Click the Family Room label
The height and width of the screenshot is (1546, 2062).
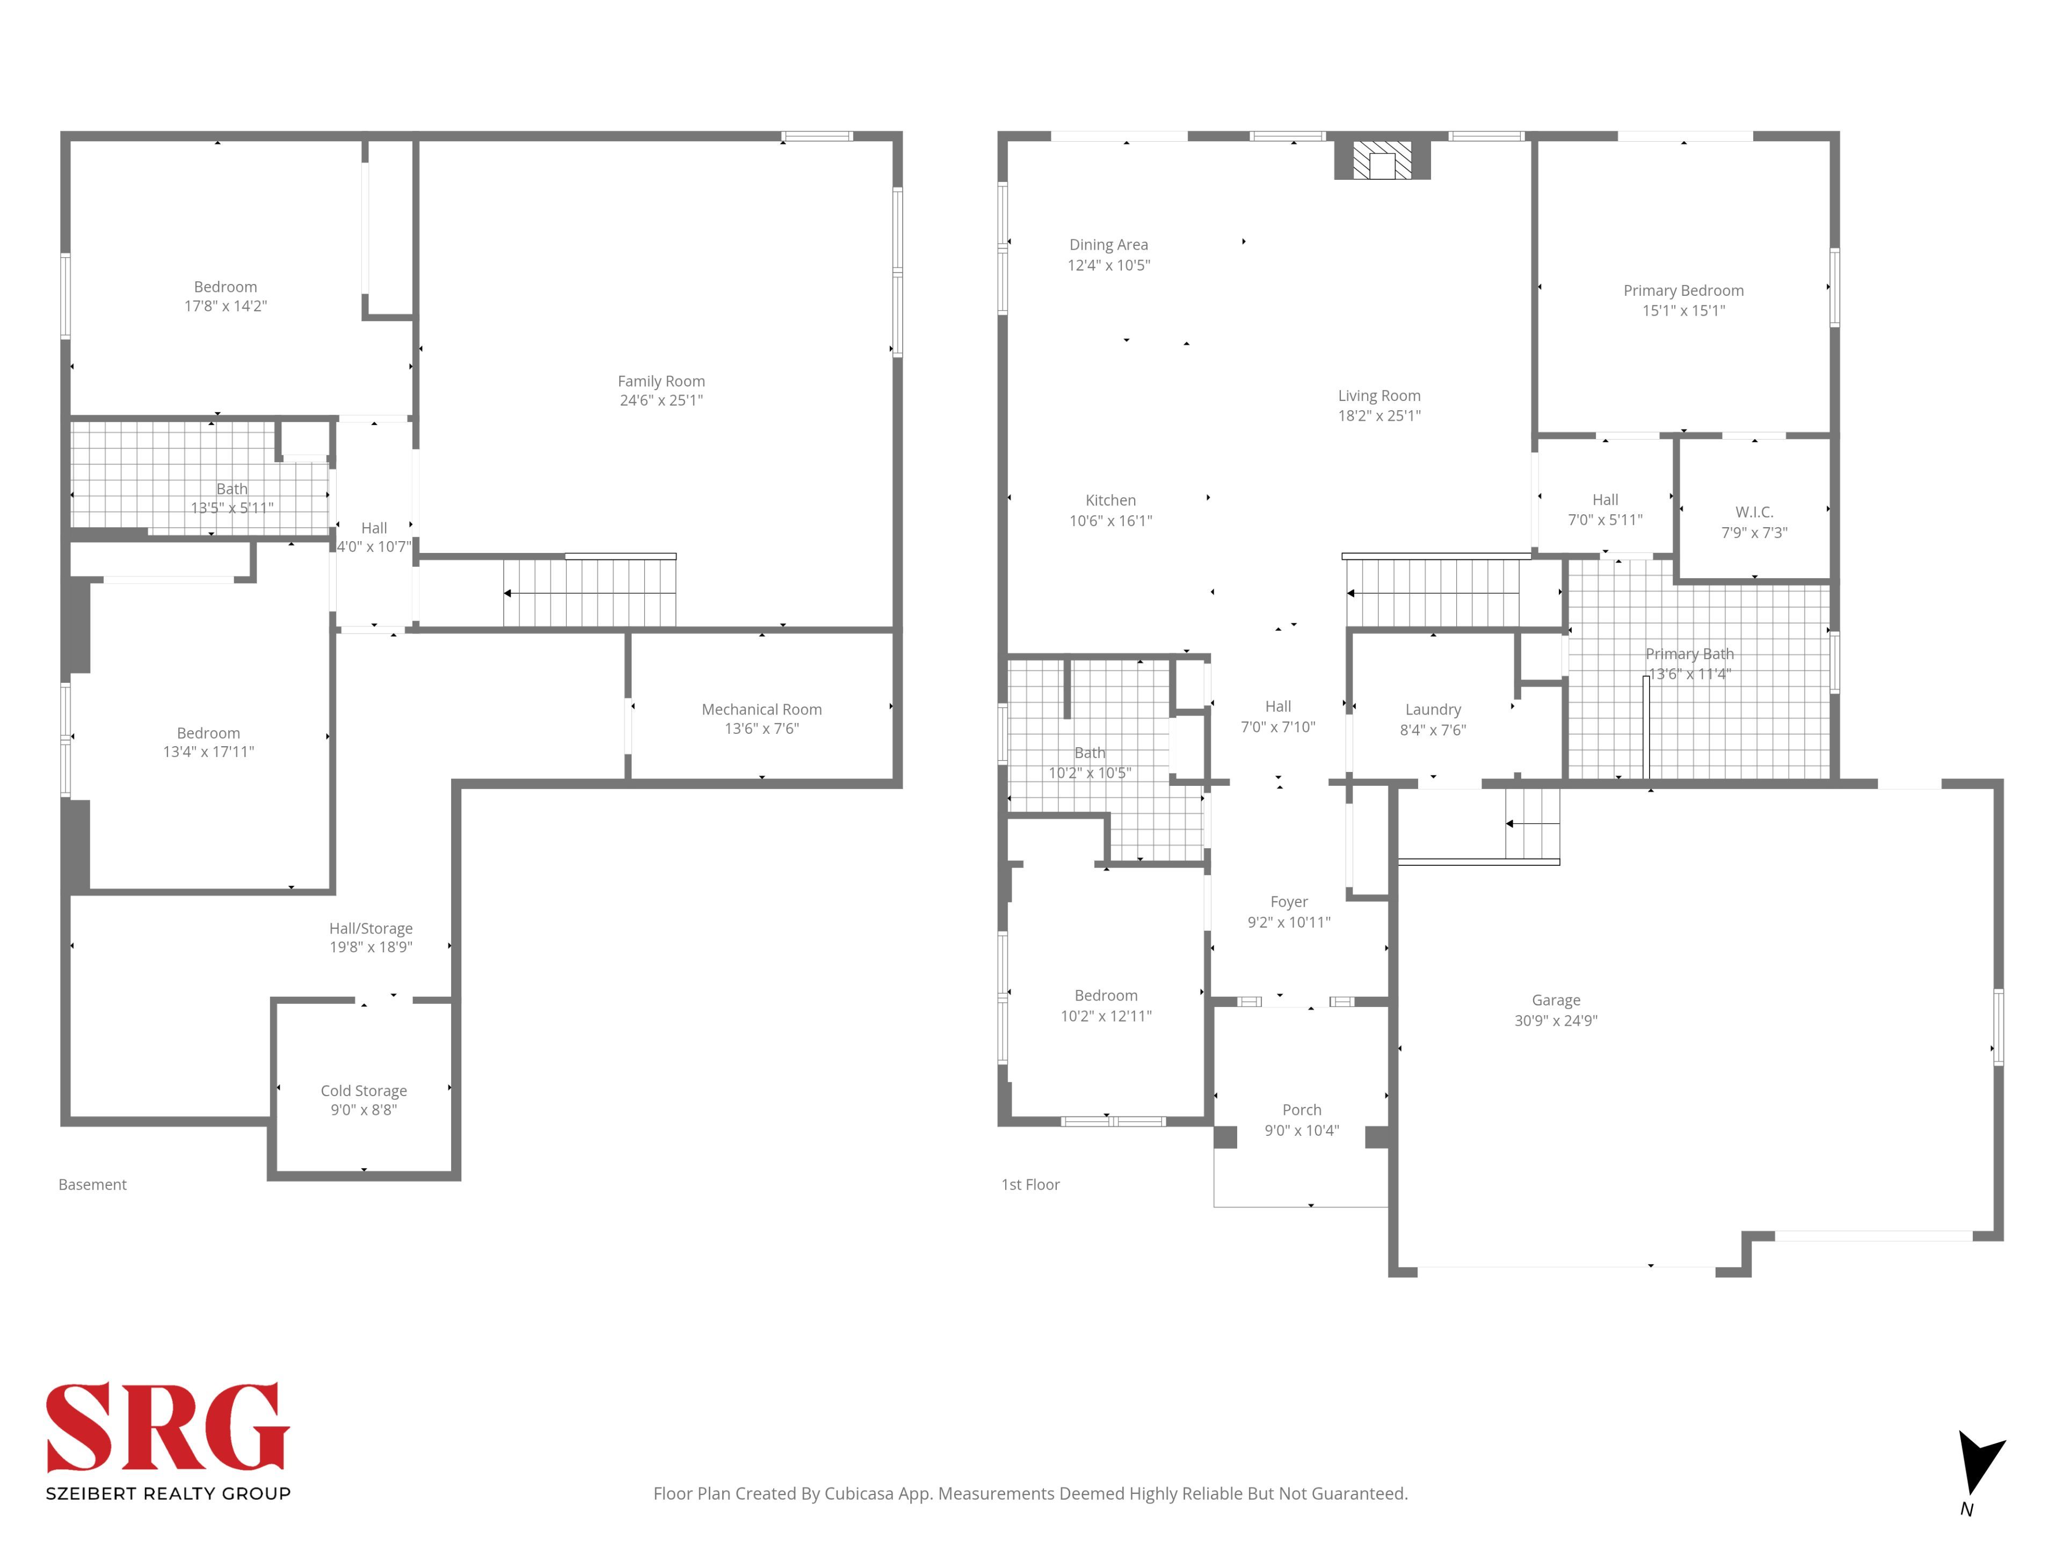(x=661, y=381)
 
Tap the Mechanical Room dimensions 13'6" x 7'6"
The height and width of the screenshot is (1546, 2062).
(x=761, y=729)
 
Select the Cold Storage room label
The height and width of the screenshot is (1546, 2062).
(x=364, y=1090)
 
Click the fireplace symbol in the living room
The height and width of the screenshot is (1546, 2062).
(x=1382, y=159)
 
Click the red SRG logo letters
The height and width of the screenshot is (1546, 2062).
(x=168, y=1428)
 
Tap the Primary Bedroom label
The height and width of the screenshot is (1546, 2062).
(x=1683, y=291)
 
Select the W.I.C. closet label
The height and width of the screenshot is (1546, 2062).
(x=1754, y=513)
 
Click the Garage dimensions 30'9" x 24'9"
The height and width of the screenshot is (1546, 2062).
(x=1556, y=1020)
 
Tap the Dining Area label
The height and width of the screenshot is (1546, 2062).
(x=1108, y=245)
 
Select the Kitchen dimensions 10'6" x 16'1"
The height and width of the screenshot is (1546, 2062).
(x=1110, y=521)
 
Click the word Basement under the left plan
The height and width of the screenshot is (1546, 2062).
(x=92, y=1184)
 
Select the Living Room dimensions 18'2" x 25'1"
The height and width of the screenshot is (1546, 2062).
(x=1379, y=415)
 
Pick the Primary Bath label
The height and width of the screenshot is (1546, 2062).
(x=1689, y=654)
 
